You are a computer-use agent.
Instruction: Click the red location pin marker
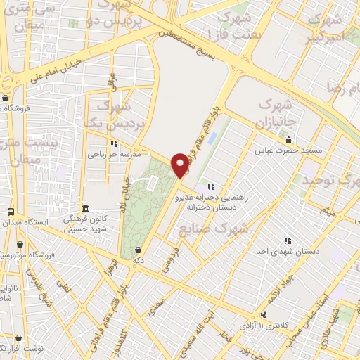click(x=181, y=165)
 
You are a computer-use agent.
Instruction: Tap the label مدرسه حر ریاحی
click(x=114, y=152)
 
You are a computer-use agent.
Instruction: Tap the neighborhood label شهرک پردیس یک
click(x=112, y=115)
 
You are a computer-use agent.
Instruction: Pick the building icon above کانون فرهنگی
click(x=85, y=209)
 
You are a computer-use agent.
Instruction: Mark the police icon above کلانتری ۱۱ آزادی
click(x=264, y=314)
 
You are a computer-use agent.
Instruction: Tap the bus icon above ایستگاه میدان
click(x=10, y=212)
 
